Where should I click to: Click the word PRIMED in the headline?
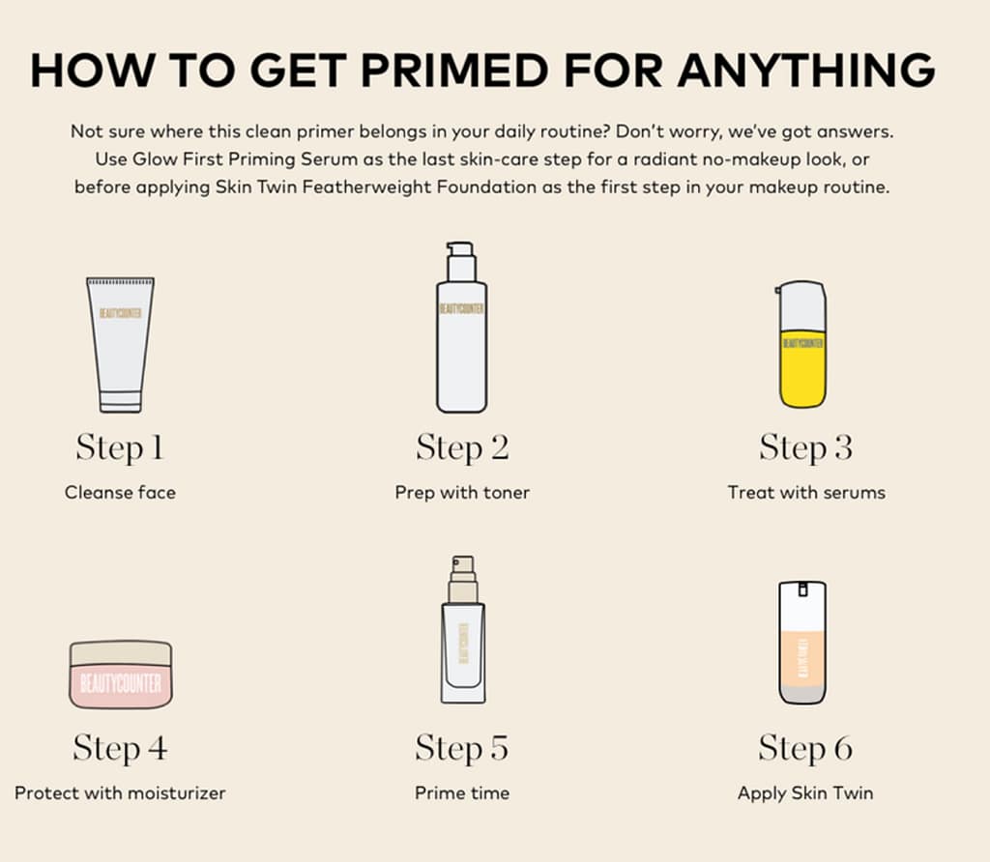454,70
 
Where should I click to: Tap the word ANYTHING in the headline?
806,70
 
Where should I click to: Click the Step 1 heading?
120,448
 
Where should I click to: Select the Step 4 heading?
120,748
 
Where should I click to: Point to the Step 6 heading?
805,748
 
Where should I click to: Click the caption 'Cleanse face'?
120,492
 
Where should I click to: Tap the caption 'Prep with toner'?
462,492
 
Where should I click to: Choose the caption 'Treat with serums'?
806,492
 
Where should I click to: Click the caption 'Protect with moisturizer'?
120,792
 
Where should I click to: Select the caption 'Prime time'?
462,792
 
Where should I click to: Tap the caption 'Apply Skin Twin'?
805,792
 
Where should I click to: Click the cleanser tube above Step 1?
120,345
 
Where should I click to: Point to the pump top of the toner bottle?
460,261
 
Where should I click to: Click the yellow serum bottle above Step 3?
801,345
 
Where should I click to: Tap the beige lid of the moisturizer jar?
121,654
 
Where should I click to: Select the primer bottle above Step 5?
463,630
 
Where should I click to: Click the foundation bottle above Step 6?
802,643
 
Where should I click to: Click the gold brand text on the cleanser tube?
121,313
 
